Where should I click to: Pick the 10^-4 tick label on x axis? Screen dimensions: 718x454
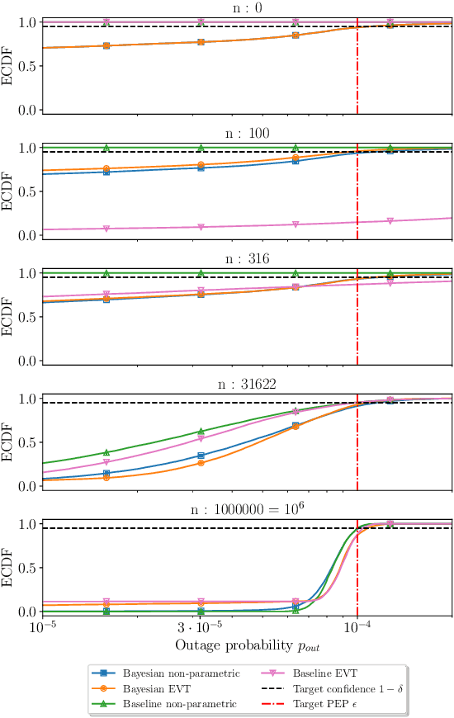(357, 626)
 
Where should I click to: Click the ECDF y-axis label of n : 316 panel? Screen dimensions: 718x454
(7, 317)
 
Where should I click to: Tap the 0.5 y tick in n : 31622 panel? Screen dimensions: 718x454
(26, 442)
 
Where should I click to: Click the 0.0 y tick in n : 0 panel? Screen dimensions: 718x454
(26, 110)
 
